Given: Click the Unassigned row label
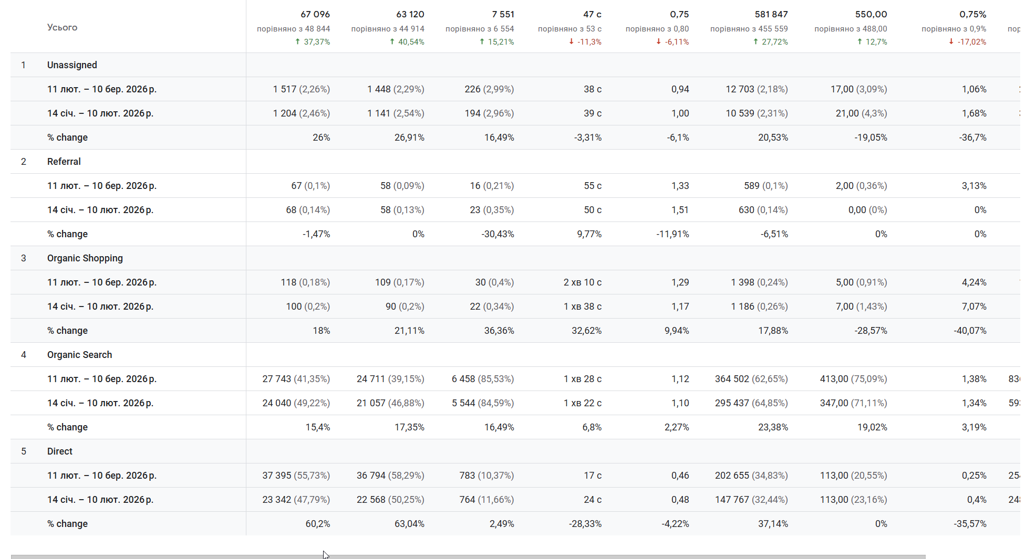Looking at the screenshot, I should [72, 65].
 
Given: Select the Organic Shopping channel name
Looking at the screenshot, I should [85, 258].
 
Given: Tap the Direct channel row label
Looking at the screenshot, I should [59, 451].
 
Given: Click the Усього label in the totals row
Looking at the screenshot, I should [62, 27].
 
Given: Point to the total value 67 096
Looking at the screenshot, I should [315, 14].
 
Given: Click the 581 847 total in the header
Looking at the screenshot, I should [771, 14].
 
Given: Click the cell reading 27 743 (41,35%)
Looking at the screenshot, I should [296, 379].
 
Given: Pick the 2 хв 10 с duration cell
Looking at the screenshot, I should [582, 282].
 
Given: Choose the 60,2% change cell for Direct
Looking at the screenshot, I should [317, 524].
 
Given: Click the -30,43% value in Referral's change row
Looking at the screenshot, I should [498, 234].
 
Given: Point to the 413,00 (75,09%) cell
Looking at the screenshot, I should [853, 379].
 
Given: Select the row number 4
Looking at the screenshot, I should [24, 355].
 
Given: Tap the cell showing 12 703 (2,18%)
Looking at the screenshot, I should [757, 89].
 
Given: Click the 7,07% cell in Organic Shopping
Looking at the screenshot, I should [973, 307].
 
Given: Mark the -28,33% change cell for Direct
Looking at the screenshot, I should [585, 524].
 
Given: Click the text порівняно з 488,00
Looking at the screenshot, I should [851, 29].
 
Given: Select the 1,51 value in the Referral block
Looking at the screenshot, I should [680, 210].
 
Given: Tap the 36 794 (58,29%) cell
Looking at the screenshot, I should [390, 476].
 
